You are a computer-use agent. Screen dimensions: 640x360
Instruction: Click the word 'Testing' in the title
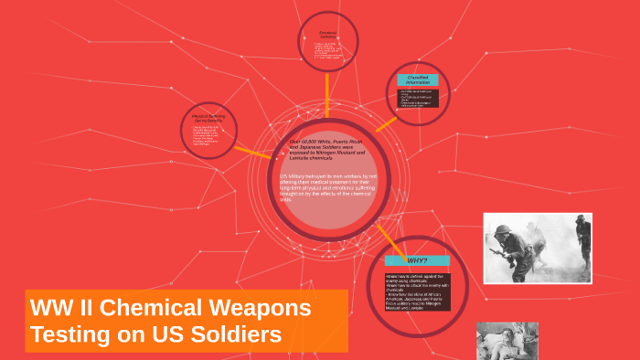(67, 334)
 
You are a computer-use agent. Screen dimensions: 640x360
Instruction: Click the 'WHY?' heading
(417, 260)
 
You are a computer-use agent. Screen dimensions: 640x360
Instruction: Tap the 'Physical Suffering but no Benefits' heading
(208, 119)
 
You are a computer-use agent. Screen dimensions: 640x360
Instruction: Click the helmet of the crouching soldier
(508, 232)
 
